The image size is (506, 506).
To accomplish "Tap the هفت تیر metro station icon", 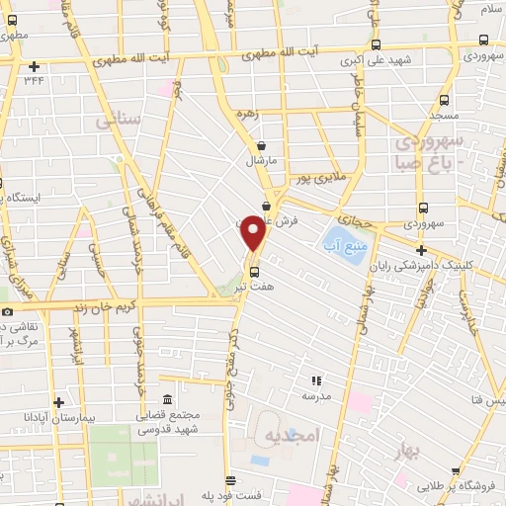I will [254, 271].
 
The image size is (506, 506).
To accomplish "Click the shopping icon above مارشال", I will [260, 144].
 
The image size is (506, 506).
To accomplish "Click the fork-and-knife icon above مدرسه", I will [316, 379].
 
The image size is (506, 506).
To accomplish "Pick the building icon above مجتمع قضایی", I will [166, 399].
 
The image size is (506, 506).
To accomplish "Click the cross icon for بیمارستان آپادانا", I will [59, 402].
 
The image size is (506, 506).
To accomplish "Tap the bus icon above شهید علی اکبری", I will [376, 43].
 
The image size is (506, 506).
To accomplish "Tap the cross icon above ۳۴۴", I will [35, 67].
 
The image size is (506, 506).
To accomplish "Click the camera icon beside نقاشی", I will [8, 311].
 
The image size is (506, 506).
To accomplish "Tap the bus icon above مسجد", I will [444, 100].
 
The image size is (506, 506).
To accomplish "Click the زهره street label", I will [246, 114].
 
